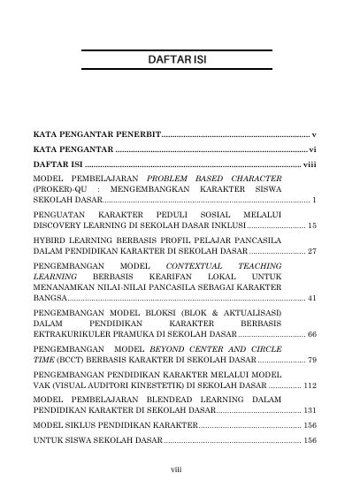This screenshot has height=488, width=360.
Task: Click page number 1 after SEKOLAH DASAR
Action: coord(315,202)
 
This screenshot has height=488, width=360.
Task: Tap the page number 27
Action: coord(312,251)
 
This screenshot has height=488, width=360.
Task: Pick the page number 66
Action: coord(312,336)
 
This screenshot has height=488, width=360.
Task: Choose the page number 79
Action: coord(312,361)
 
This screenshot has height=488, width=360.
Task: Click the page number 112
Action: coord(310,385)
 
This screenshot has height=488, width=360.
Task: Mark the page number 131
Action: coord(310,410)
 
